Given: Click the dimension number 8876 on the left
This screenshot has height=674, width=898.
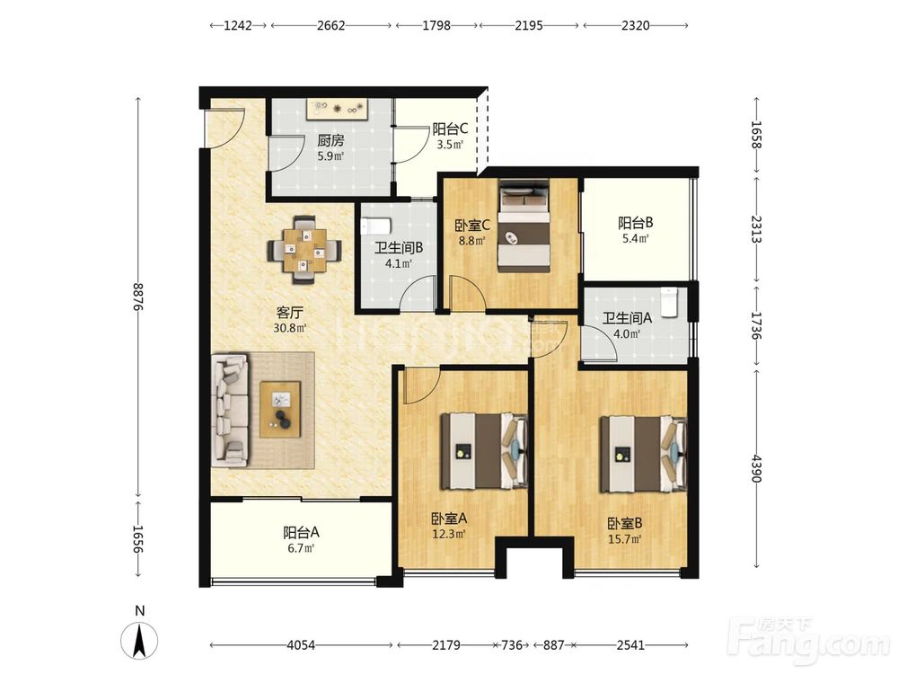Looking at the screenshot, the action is [138, 296].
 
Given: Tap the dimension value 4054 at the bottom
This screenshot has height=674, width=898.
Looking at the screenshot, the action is [301, 645].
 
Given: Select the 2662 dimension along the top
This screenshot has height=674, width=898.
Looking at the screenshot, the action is [331, 25].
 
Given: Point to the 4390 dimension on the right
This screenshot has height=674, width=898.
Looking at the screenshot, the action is [757, 468].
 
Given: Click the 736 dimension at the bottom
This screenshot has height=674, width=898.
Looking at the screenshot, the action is [512, 645].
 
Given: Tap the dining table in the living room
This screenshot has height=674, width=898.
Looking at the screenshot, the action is [304, 249].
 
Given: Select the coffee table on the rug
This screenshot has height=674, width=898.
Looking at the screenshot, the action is [280, 409].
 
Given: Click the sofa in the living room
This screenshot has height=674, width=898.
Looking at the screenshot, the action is [230, 409].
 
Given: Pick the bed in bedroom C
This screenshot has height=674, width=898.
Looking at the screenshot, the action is [524, 226].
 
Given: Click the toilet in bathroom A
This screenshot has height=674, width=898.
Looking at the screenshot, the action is [669, 302].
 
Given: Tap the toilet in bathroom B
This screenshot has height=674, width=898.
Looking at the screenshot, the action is [376, 226].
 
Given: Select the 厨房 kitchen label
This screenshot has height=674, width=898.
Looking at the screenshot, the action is [330, 140].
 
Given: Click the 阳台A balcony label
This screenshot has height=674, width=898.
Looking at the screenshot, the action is [301, 532].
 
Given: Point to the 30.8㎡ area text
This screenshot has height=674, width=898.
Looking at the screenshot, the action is [290, 328].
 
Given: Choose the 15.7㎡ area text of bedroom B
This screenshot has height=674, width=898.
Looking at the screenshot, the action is [625, 538].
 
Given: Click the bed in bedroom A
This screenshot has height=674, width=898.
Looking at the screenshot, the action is [484, 452].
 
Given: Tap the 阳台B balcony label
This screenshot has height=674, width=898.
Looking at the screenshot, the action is [636, 222].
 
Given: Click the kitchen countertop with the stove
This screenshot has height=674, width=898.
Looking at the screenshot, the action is [338, 109].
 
